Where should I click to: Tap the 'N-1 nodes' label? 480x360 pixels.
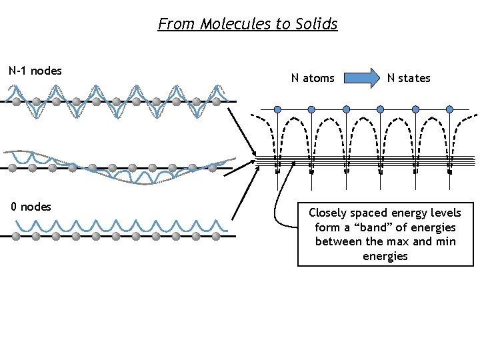tap(35, 71)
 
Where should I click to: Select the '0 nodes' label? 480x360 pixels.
tap(31, 207)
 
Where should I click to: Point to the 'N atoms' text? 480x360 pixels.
tap(313, 78)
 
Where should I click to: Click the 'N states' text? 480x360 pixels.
tap(409, 78)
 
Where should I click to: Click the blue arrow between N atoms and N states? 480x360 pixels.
tap(360, 78)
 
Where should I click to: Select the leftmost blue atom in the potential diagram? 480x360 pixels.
tap(278, 109)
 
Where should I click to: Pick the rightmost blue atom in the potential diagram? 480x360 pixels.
tap(449, 109)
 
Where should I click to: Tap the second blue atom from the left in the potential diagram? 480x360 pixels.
tap(312, 109)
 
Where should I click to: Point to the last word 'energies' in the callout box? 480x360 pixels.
tap(385, 256)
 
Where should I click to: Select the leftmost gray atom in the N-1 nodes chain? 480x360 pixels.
tap(16, 102)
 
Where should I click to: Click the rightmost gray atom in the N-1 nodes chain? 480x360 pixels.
tap(216, 102)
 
